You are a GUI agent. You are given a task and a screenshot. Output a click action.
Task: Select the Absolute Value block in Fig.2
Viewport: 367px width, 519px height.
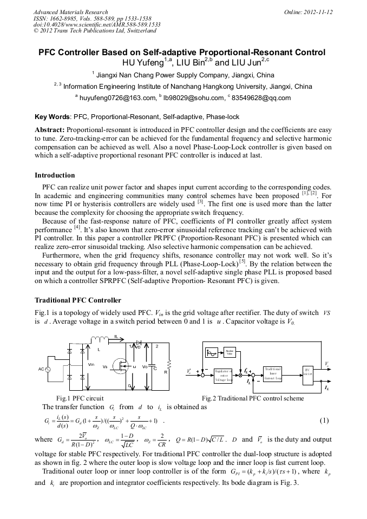click(x=229, y=353)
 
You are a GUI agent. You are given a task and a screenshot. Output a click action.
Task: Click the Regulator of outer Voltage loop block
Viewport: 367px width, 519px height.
click(x=223, y=375)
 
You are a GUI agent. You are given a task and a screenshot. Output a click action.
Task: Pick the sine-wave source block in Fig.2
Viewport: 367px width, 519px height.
click(x=212, y=353)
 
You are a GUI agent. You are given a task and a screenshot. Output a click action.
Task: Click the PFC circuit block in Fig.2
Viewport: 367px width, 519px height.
click(x=307, y=374)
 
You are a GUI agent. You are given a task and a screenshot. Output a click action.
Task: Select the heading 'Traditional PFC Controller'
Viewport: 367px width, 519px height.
click(x=78, y=300)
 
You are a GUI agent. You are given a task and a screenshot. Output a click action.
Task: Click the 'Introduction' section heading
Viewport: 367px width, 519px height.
click(x=55, y=175)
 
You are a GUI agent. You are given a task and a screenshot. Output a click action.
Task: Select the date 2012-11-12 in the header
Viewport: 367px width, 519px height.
click(x=319, y=12)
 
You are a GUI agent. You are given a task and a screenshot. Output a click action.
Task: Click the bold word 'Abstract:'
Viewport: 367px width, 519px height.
click(x=50, y=130)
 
